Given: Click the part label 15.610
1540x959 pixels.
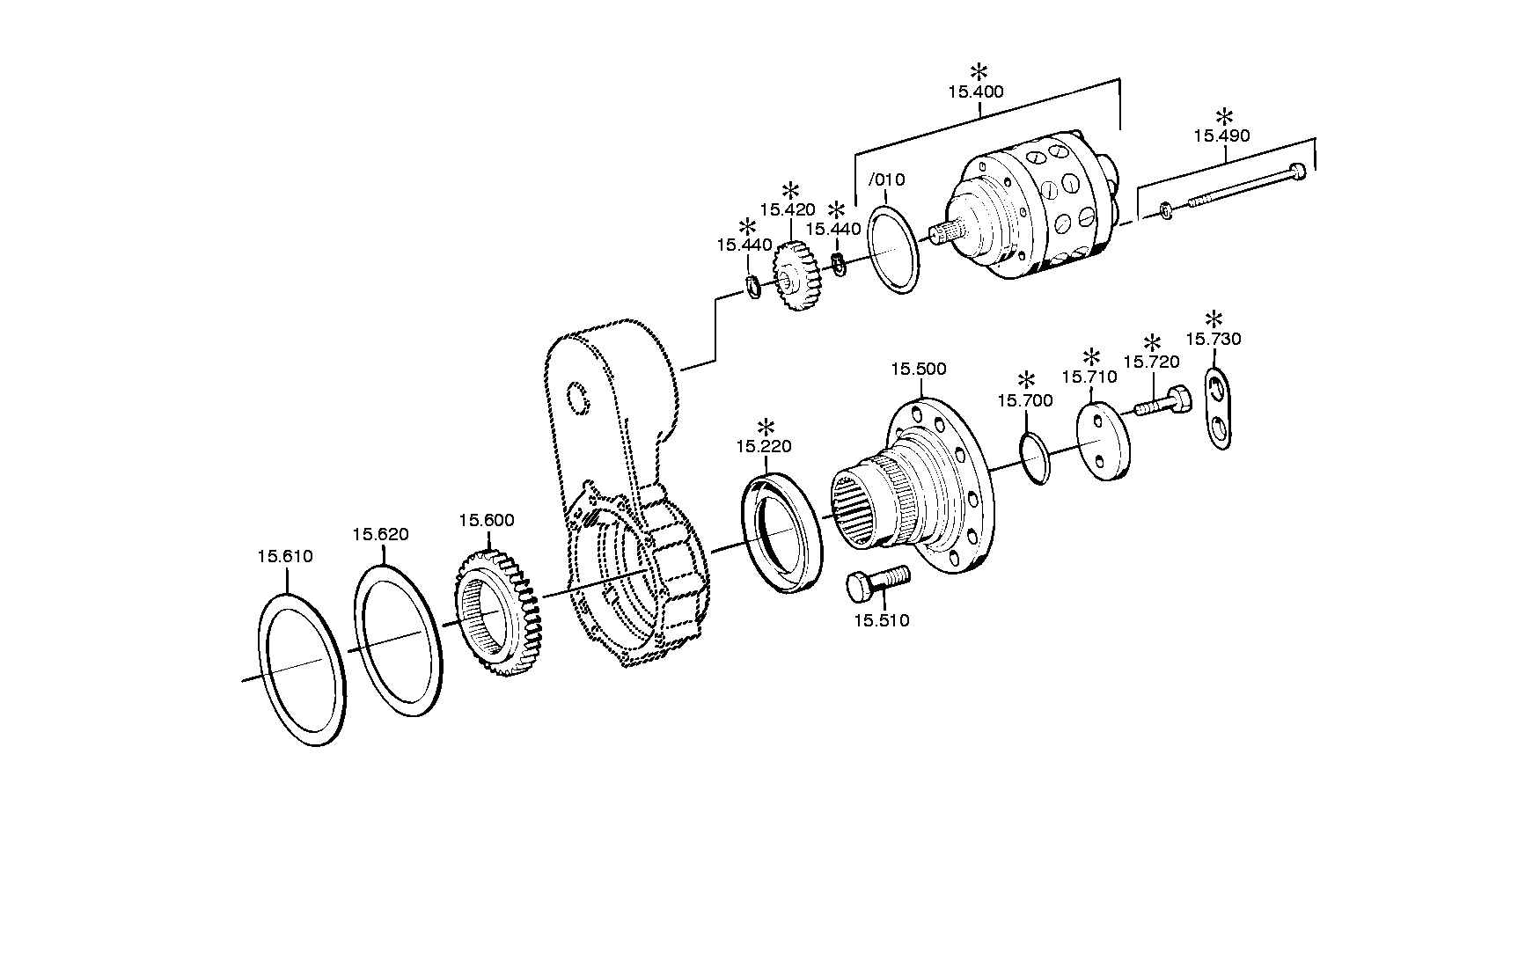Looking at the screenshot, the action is (285, 556).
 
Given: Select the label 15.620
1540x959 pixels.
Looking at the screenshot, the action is (381, 534).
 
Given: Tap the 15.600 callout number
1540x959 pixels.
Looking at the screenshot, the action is (487, 520).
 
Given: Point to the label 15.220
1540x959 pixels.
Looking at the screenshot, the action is (764, 446).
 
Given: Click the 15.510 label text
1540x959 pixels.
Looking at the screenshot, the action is (881, 620).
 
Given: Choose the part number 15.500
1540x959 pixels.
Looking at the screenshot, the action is (919, 369).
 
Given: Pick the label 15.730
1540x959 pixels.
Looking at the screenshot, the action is (1214, 339).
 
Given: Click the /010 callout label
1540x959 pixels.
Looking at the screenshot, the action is (887, 179).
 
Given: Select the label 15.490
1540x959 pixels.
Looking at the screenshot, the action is (1221, 135).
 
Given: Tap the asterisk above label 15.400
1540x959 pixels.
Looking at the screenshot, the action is (979, 73).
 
